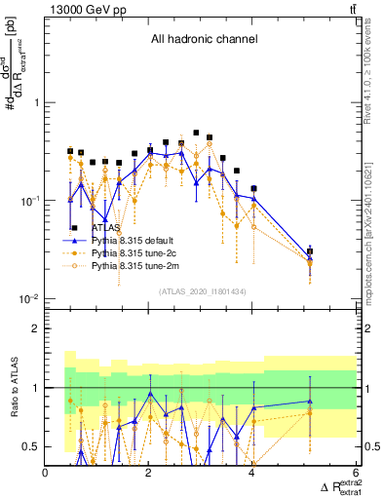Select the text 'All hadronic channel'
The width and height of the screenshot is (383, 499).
coord(204,40)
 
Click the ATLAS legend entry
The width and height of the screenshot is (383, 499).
coord(105,227)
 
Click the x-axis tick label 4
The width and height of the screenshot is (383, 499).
coord(252,473)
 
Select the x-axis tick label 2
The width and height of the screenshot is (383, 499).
coord(149,473)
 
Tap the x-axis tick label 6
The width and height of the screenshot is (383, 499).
coord(355,473)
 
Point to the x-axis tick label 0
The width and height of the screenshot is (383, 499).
coord(46,473)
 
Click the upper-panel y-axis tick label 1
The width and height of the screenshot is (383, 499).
coord(35,102)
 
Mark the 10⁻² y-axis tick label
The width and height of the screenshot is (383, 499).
coord(29,298)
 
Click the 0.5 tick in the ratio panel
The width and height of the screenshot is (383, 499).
coord(31,447)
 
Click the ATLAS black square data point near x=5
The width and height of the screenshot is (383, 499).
coord(310,251)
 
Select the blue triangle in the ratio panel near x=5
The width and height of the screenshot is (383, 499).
coord(310,401)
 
